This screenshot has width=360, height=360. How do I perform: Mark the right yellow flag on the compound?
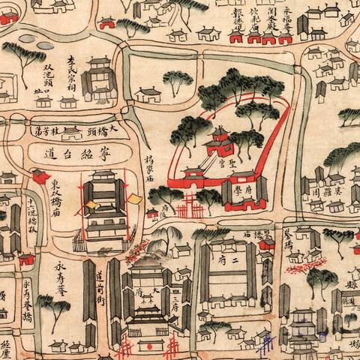coord(134,199)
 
